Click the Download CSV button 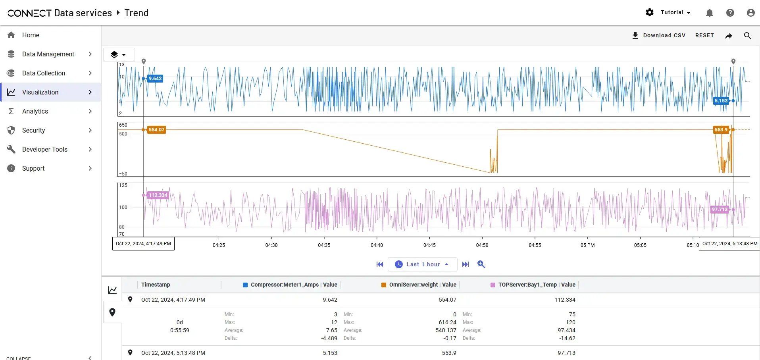tap(659, 35)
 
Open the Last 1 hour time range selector tap(422, 264)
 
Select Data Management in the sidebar tap(48, 54)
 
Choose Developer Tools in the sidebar tap(45, 149)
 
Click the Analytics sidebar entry tap(35, 111)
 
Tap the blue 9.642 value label tap(155, 79)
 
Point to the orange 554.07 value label tap(156, 130)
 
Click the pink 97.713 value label tap(720, 210)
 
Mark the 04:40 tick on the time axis tap(377, 245)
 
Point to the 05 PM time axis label tap(587, 245)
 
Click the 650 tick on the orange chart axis tap(123, 125)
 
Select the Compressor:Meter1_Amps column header tap(294, 285)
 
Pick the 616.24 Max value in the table tap(447, 322)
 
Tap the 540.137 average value tap(446, 330)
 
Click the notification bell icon tap(710, 13)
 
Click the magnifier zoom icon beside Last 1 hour tap(481, 264)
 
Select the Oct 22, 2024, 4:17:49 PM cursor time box tap(143, 244)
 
